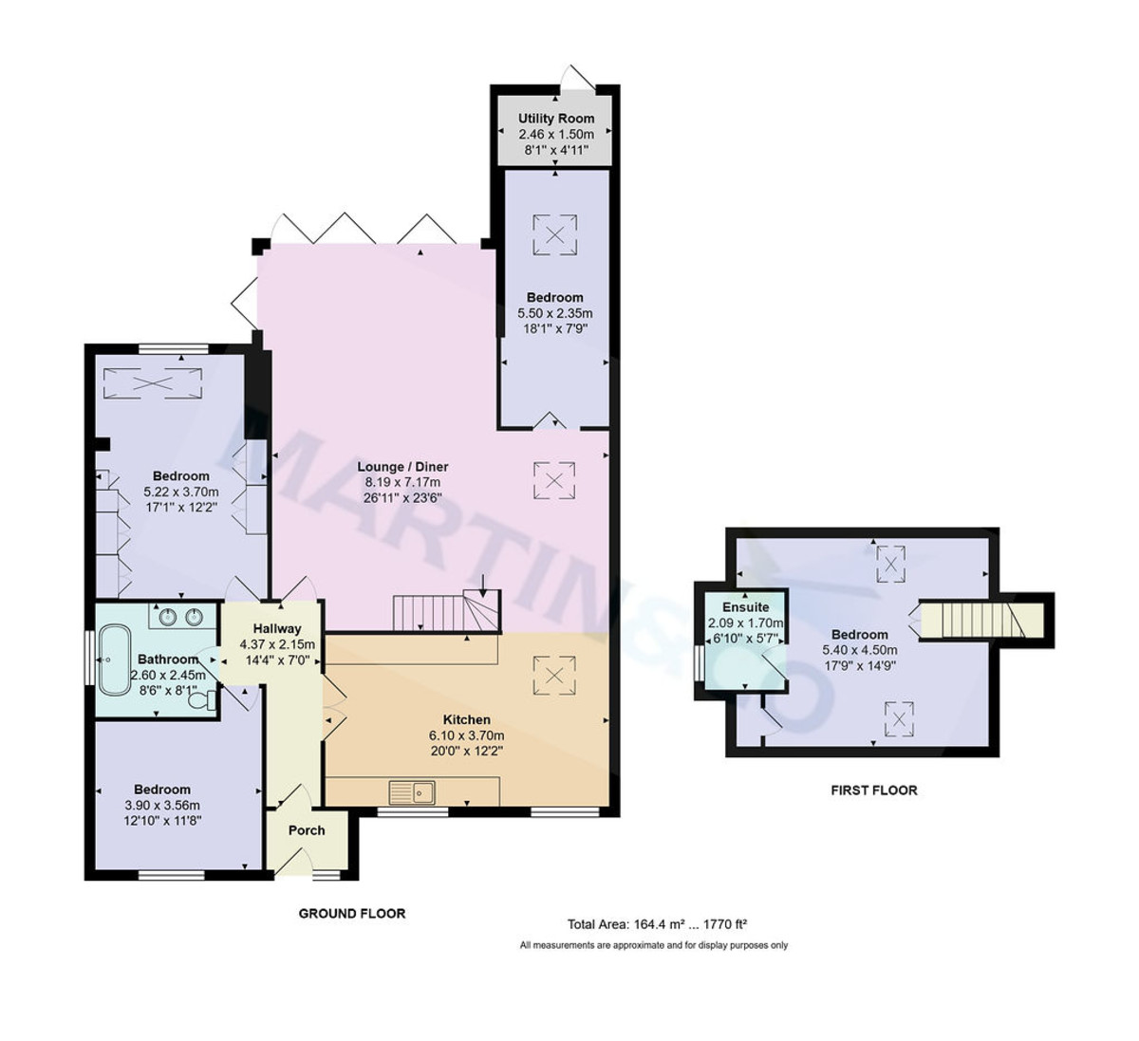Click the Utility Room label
pos(556,119)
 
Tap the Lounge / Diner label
pos(402,467)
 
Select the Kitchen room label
pos(466,720)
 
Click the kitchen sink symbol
pos(412,790)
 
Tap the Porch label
pos(307,830)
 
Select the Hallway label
pos(276,628)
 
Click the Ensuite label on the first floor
pos(739,607)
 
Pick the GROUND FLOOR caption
pos(352,914)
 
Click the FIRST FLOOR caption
pos(874,790)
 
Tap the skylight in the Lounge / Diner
pos(554,480)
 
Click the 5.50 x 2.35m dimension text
pos(555,313)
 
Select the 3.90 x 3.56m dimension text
pos(162,806)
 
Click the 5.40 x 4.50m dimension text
pos(859,650)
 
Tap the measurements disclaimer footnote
pos(654,945)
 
